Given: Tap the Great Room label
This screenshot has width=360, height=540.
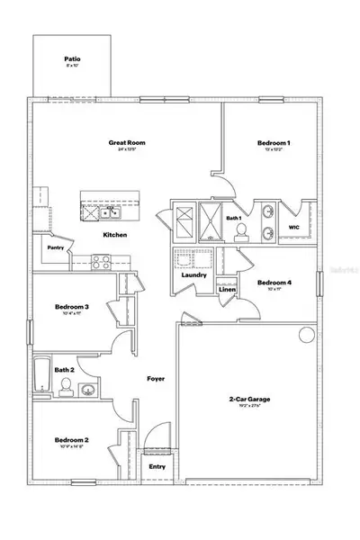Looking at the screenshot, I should click(x=127, y=142).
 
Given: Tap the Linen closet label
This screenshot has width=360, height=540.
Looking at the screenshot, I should click(x=227, y=290).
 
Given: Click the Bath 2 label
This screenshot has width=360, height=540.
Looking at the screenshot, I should click(x=63, y=369).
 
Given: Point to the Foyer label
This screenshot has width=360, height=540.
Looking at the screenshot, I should click(x=156, y=378).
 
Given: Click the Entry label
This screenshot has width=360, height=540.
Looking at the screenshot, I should click(x=157, y=466).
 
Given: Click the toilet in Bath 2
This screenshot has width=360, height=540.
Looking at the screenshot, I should click(x=66, y=387).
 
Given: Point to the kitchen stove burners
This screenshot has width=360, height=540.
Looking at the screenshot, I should click(x=99, y=263).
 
